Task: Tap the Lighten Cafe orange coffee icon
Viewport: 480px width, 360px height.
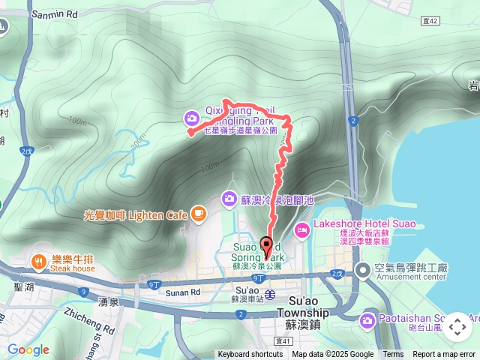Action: [x=198, y=215]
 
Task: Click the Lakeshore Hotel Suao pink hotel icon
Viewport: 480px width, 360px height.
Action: [x=302, y=230]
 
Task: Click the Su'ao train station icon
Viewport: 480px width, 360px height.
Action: [x=269, y=293]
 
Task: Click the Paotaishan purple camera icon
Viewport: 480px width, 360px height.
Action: [x=367, y=321]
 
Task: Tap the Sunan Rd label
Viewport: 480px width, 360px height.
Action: [x=183, y=292]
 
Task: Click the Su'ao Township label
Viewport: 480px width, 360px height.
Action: [x=302, y=312]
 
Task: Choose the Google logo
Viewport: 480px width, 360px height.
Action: [x=28, y=349]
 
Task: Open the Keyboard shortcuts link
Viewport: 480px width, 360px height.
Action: [x=250, y=355]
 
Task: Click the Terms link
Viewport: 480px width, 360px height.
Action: [x=393, y=355]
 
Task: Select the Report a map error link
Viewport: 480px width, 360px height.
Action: [x=444, y=355]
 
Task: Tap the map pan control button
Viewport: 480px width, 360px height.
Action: [x=457, y=327]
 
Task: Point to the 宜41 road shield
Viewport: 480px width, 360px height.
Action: [x=282, y=340]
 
